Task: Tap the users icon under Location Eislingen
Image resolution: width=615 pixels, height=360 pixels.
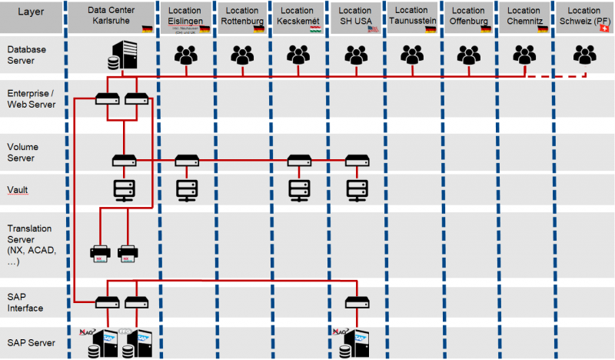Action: pos(185,55)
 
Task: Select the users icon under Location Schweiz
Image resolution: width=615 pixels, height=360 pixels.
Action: pos(585,55)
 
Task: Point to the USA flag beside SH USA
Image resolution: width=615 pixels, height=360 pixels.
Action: pos(374,28)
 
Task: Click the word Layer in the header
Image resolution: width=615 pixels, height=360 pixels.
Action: pos(31,14)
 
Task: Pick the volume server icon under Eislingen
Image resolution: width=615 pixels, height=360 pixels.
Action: pos(185,160)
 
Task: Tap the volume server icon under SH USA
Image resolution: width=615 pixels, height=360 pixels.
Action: pos(356,160)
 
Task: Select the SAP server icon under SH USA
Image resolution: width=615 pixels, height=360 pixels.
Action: pos(354,338)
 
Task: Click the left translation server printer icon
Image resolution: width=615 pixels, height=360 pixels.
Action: pos(101,252)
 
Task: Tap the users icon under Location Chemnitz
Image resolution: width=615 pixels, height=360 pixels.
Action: pos(525,55)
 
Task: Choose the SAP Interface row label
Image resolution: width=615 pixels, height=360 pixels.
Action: pos(25,302)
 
